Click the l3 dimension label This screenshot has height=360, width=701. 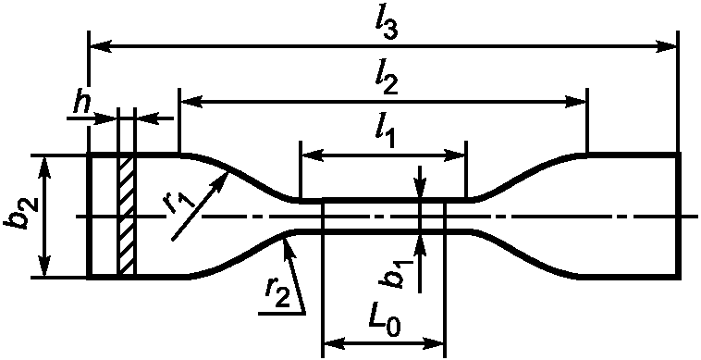point(387,28)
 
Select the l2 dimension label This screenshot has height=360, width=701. point(387,81)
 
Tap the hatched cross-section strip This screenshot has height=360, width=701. point(126,215)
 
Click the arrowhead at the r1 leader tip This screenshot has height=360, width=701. point(222,181)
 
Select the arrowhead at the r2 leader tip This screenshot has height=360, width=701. point(287,246)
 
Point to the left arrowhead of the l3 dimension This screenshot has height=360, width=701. point(101,45)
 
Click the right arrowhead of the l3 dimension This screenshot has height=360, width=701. point(667,45)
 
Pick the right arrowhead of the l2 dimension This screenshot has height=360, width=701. point(575,102)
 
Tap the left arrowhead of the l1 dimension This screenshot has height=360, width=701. point(312,155)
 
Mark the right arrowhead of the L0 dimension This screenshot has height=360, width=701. point(434,343)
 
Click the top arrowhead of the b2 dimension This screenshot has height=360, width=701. point(43,167)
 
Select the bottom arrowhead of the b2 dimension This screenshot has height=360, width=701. point(43,267)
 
